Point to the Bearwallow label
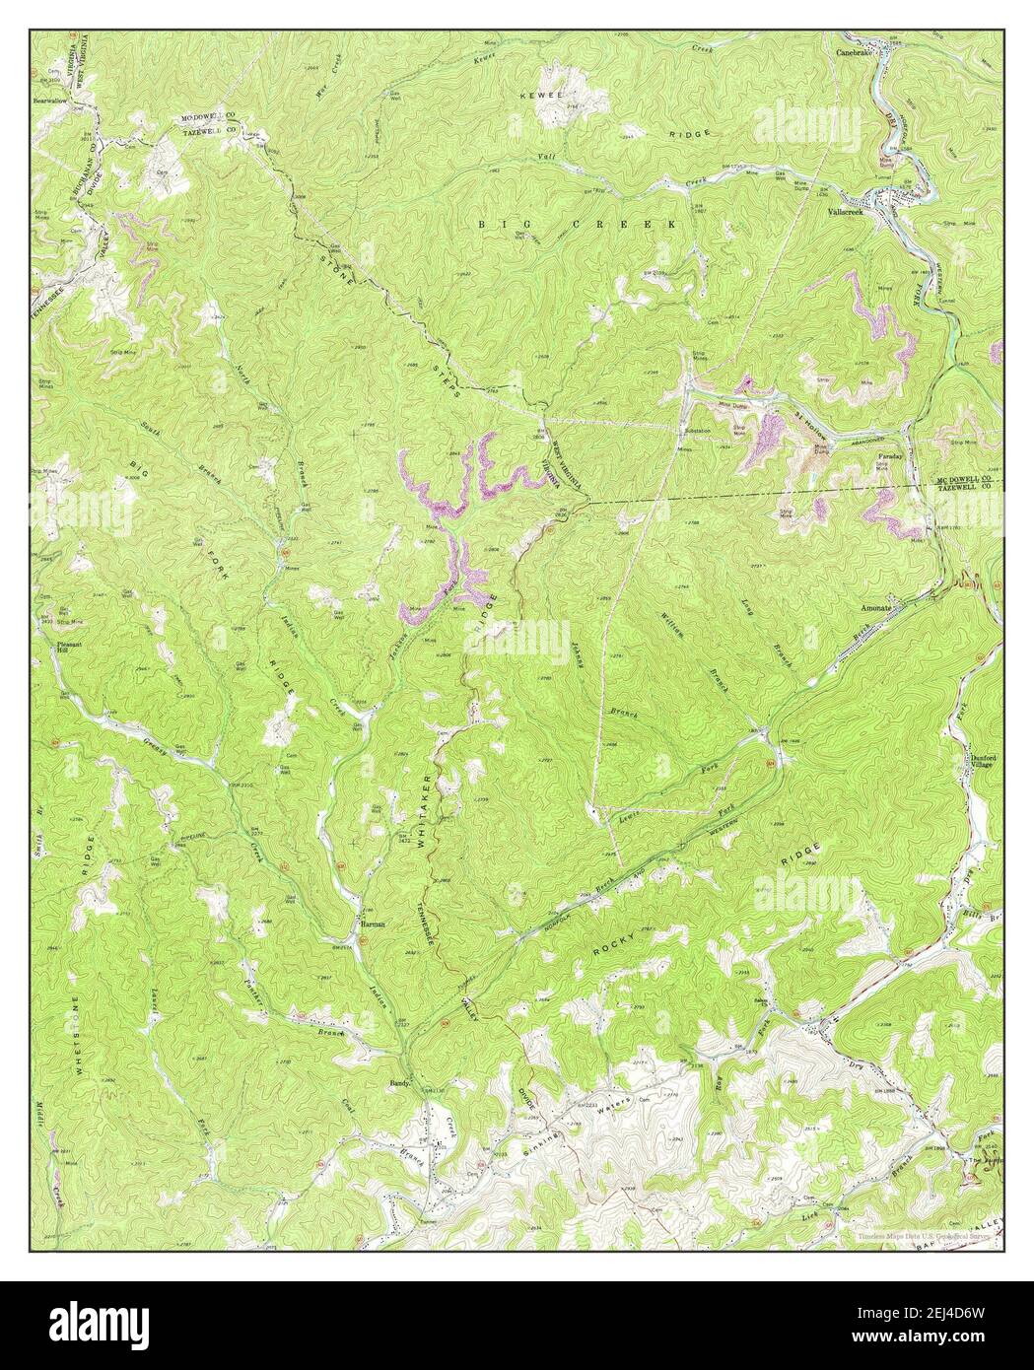pos(54,100)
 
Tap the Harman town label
pos(372,925)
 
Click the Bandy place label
pos(397,1082)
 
